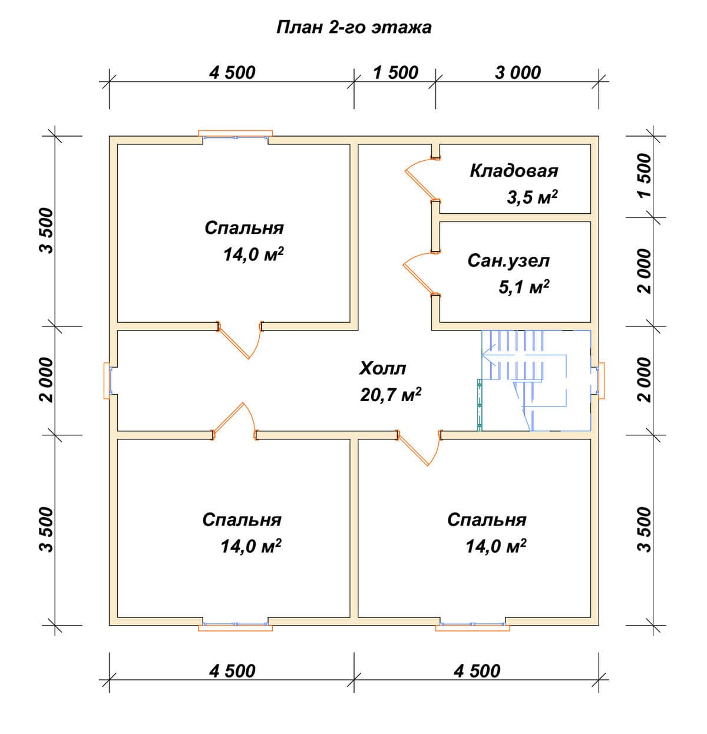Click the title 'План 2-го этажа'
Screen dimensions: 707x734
354,28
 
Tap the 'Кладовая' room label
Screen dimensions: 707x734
514,171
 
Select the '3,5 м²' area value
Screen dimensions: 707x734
532,197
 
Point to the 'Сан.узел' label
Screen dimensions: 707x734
508,260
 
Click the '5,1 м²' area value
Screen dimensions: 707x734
524,287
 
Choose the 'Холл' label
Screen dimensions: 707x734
382,368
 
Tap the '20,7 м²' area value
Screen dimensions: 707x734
391,395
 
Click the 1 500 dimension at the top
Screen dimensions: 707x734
396,72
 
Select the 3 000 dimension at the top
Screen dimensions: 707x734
518,72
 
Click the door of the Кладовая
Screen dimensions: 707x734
422,178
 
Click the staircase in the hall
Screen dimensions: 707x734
536,380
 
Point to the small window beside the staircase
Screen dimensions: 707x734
600,380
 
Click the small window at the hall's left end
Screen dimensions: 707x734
108,380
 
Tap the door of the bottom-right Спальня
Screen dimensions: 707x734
419,448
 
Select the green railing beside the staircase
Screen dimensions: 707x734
480,405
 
